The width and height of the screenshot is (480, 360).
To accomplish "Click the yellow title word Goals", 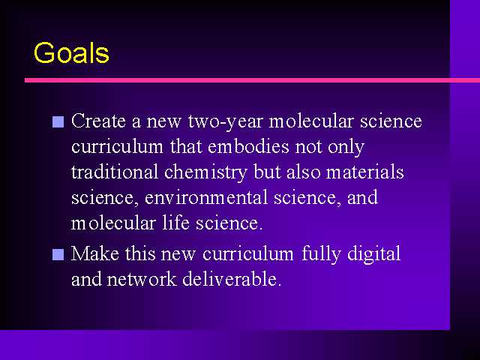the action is pos(71,53).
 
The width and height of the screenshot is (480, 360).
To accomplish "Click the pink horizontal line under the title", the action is pos(252,80).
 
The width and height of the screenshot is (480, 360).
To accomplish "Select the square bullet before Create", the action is pos(58,121).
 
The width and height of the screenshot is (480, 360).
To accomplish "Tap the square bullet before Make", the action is pos(58,254).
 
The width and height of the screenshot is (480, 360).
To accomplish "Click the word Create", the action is pos(98,121).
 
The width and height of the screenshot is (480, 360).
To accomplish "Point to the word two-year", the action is pos(225,121).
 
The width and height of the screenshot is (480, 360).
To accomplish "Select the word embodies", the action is pos(248,146).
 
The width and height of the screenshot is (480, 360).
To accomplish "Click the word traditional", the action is pos(115,172).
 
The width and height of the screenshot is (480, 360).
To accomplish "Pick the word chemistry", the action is pos(205,172).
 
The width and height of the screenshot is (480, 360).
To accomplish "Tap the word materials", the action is pos(365,172).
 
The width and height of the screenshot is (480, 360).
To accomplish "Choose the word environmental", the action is pos(206,197).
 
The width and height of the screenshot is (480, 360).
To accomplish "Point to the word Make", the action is pos(95,253).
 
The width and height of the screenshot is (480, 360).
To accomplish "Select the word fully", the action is pos(321,255).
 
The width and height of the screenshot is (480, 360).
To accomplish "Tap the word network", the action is pos(142,279).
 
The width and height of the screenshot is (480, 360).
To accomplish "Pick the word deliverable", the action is pos(232,279).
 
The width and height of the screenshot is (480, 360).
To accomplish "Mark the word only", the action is pos(346,147).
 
